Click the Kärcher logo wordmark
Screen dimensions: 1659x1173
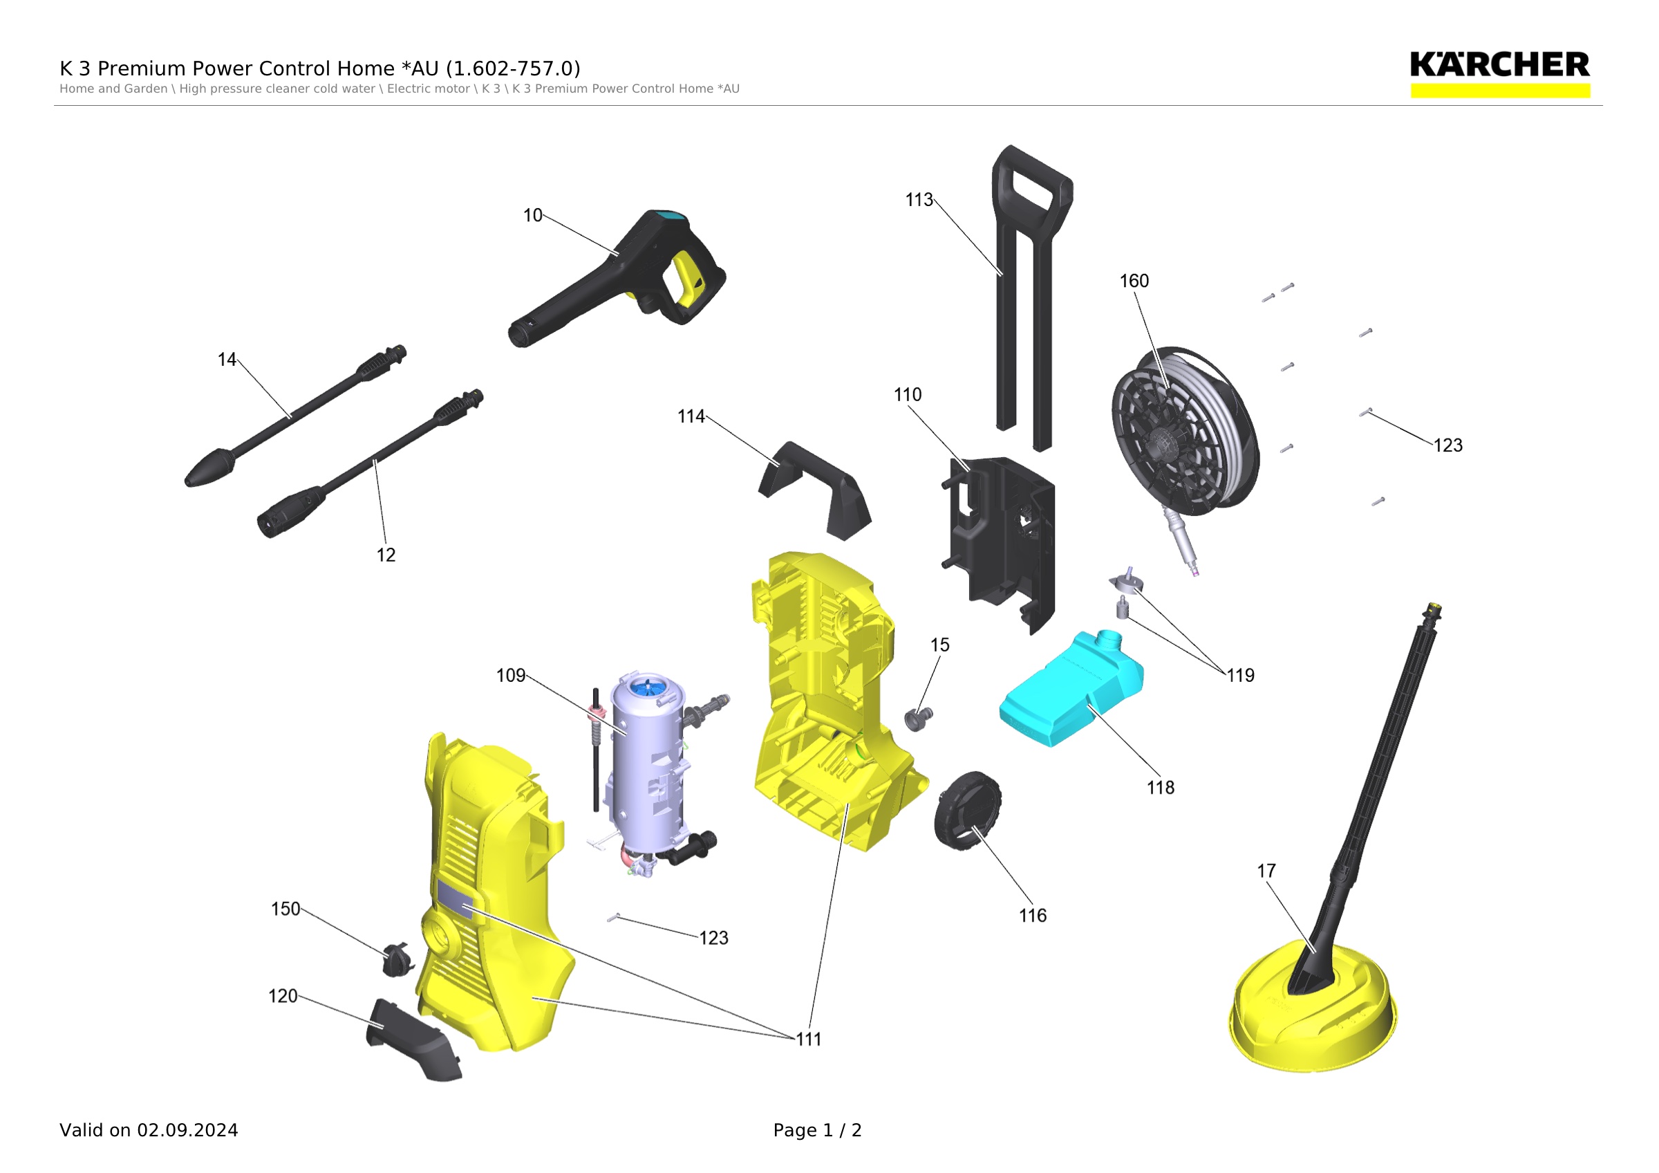[x=1500, y=64]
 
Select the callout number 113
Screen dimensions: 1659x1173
[x=919, y=200]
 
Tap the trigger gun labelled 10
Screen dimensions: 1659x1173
[x=617, y=278]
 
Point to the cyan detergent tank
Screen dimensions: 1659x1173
[x=1071, y=689]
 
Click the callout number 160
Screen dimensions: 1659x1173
[x=1134, y=280]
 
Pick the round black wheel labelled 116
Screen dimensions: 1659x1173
[x=968, y=810]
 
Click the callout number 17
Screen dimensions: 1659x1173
[x=1266, y=871]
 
